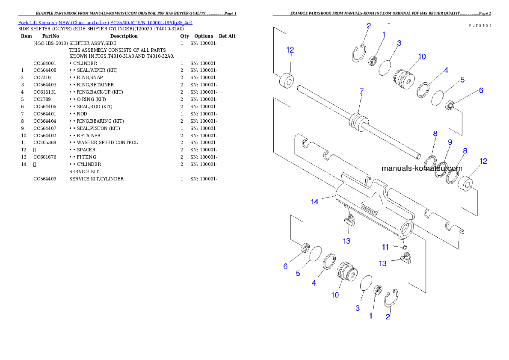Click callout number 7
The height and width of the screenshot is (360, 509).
click(x=361, y=91)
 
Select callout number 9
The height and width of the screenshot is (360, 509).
click(x=450, y=142)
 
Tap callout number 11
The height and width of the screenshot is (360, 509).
click(x=385, y=247)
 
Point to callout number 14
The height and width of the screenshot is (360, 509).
click(x=314, y=202)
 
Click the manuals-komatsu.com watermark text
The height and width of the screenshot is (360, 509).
click(x=422, y=168)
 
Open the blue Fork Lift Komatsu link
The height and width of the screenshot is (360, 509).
click(x=105, y=22)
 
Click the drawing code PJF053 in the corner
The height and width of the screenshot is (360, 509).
click(x=479, y=26)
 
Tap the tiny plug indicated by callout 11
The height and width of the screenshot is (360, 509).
click(x=404, y=247)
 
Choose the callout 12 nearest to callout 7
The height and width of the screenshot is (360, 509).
click(x=290, y=50)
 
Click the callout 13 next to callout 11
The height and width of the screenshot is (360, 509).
click(x=382, y=263)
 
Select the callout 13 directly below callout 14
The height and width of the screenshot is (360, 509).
click(x=346, y=241)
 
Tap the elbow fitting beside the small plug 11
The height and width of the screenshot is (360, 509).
click(x=406, y=258)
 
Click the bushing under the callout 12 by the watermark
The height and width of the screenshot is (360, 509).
click(x=465, y=185)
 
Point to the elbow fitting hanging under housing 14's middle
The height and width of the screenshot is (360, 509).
click(x=349, y=221)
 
